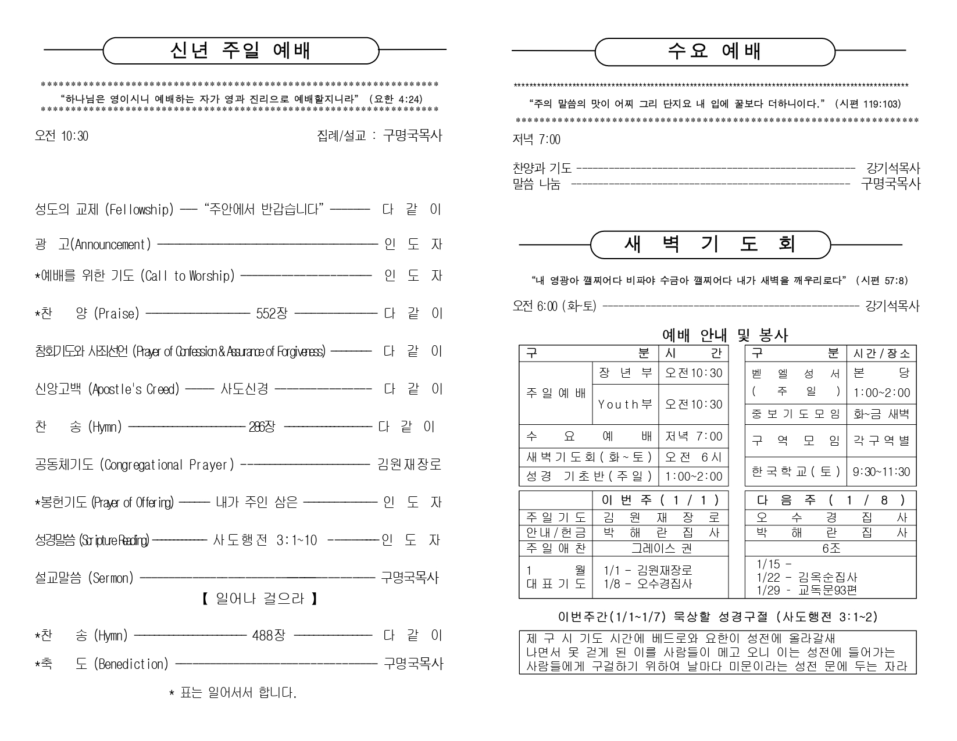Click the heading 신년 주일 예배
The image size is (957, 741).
240,51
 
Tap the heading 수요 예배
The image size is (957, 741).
715,52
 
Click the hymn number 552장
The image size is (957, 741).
272,314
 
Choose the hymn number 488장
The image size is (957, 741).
269,635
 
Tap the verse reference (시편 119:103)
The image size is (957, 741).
868,104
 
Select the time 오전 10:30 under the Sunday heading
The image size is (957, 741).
62,136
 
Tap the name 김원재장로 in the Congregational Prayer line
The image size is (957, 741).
409,465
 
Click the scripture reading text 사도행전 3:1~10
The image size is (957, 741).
265,540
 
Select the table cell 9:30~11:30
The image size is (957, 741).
881,472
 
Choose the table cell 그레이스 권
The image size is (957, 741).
662,548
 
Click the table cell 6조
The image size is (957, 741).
831,548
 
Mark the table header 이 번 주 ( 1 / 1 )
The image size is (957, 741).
660,500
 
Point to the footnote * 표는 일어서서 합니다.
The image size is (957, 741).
233,693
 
